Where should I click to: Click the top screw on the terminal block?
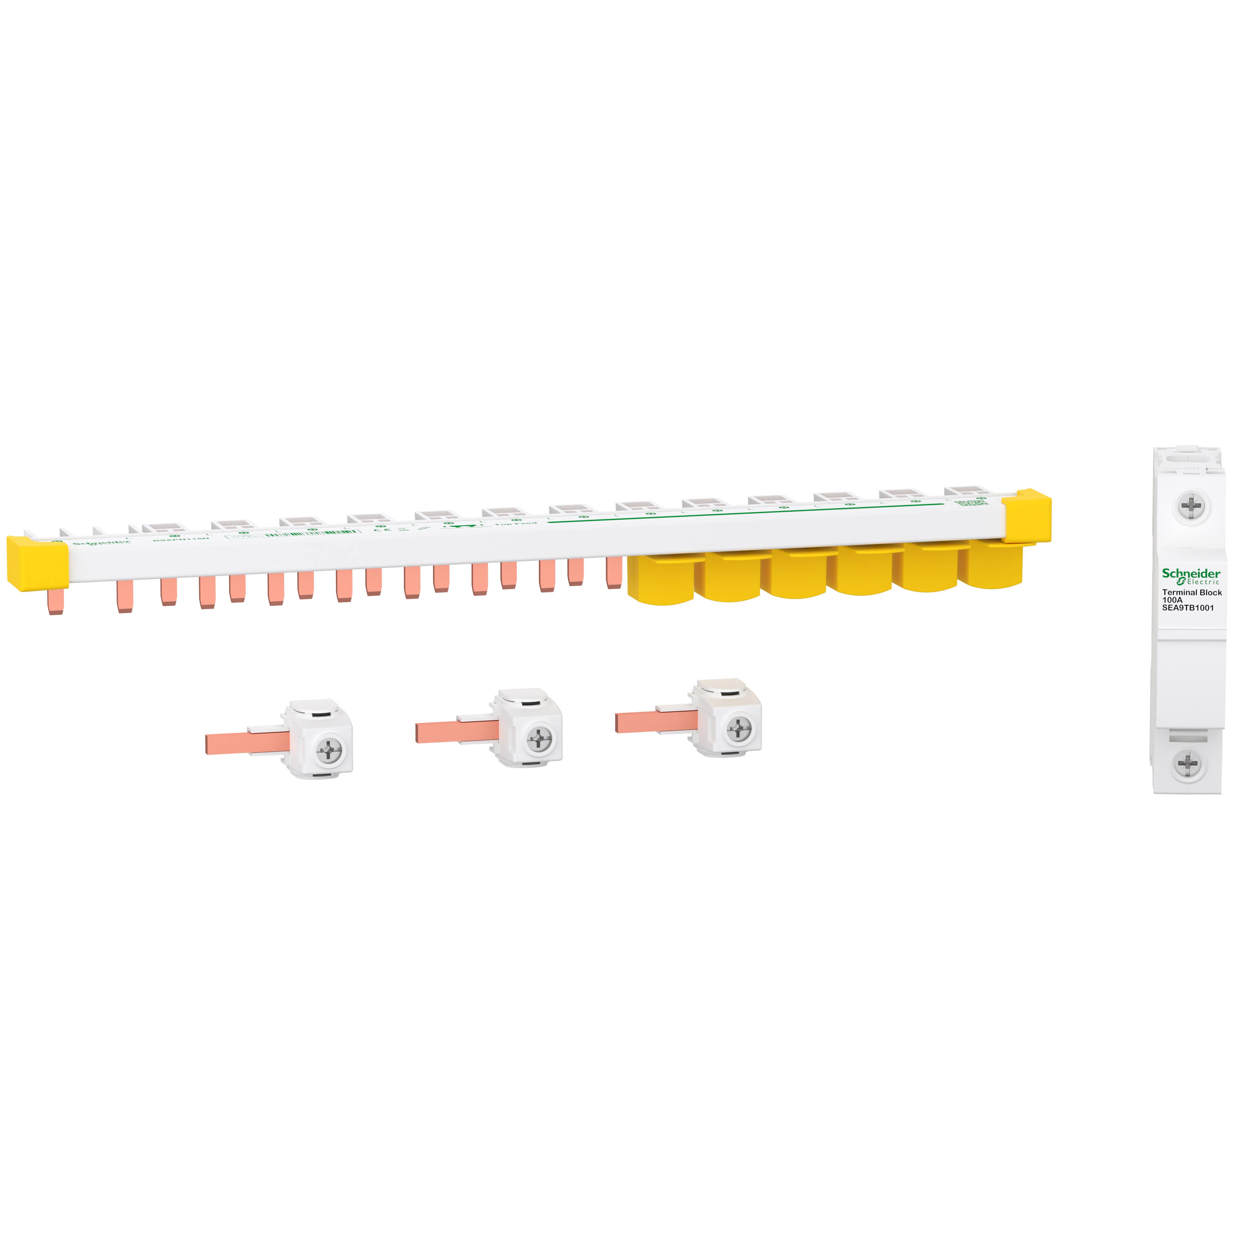(x=1192, y=506)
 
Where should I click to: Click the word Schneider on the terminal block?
(x=1190, y=573)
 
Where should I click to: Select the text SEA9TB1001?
(x=1188, y=608)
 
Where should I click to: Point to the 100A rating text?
(x=1172, y=600)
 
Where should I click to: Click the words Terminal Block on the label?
(x=1192, y=592)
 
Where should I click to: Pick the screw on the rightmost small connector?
(x=739, y=728)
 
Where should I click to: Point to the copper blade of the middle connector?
(x=453, y=732)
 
